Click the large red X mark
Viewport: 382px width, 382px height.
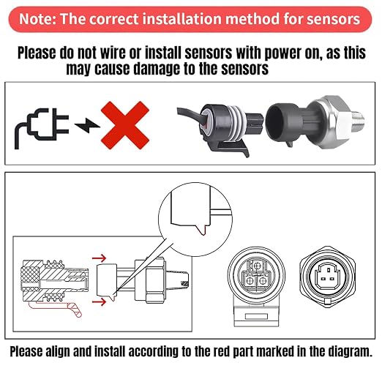(125, 125)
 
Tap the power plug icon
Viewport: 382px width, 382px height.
(42, 127)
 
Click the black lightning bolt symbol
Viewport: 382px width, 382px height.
(87, 125)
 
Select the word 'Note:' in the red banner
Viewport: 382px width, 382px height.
(37, 19)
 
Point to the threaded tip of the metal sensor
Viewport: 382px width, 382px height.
(358, 120)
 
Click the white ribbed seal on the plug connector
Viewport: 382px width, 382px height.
(236, 123)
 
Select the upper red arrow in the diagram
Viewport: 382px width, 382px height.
(100, 258)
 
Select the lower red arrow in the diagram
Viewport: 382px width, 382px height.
(100, 302)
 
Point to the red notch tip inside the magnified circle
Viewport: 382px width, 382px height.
(203, 232)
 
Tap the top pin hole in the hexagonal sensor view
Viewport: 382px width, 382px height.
(329, 270)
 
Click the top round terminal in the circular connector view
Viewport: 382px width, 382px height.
(257, 266)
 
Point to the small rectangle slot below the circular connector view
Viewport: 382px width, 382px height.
(256, 317)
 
